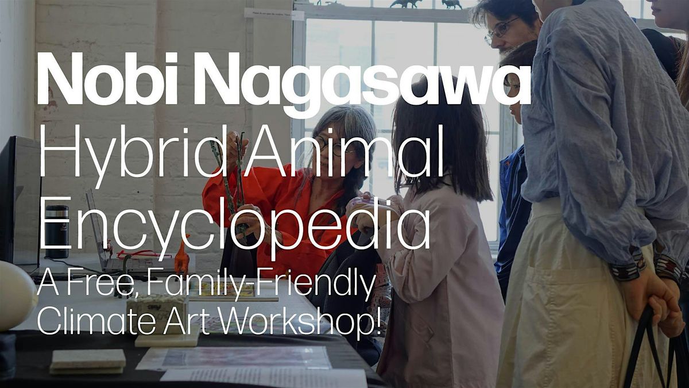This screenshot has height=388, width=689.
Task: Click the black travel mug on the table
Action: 57,232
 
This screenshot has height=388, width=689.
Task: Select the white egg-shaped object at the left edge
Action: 16,295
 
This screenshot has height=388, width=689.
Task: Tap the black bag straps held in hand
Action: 655,348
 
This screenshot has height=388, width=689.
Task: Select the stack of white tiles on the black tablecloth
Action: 88,362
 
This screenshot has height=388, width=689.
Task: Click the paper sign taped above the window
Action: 274,14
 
